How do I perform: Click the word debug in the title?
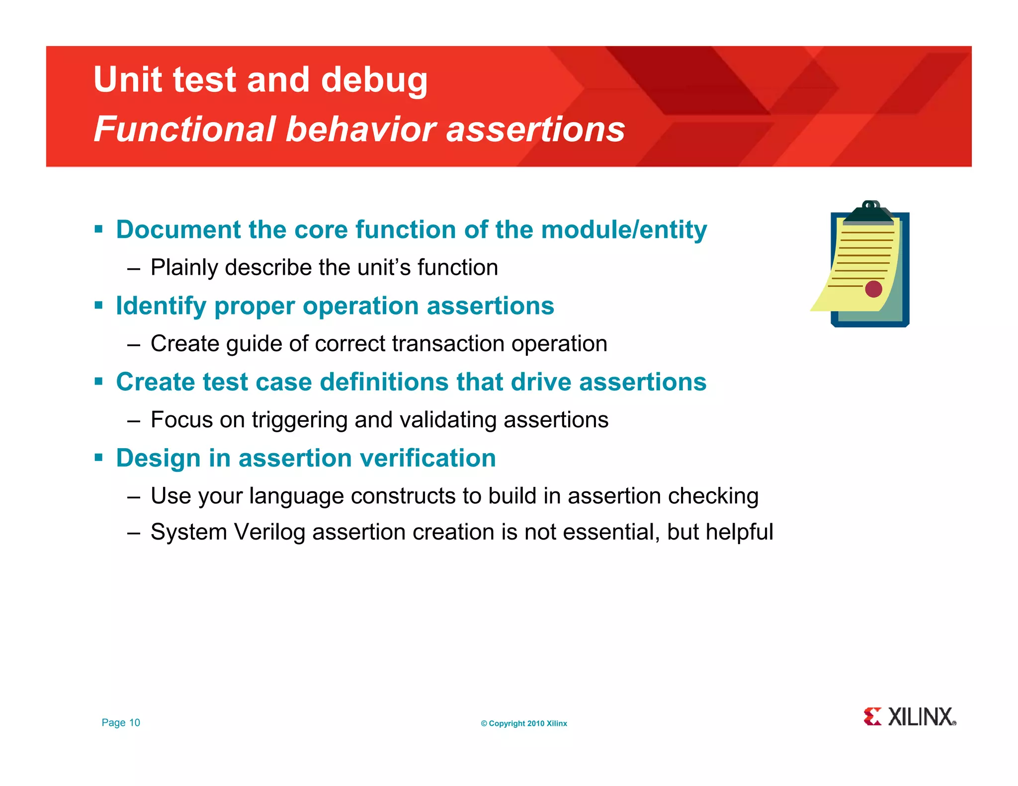click(x=374, y=80)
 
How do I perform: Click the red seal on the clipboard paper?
click(x=873, y=289)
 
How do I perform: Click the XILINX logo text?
click(x=921, y=717)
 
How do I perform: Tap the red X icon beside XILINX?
click(x=872, y=716)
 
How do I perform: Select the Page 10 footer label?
click(x=121, y=723)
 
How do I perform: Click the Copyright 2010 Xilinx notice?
click(x=523, y=723)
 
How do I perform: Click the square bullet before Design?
click(x=98, y=457)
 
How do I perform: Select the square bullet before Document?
click(x=98, y=229)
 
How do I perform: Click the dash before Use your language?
click(x=133, y=496)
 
